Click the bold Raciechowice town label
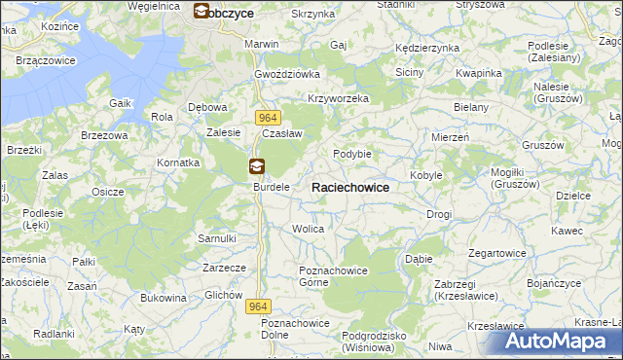point(350,187)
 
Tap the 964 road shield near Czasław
point(270,117)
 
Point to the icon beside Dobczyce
point(202,13)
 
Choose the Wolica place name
point(308,229)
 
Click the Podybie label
point(352,154)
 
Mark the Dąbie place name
point(419,260)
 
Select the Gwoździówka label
point(287,74)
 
